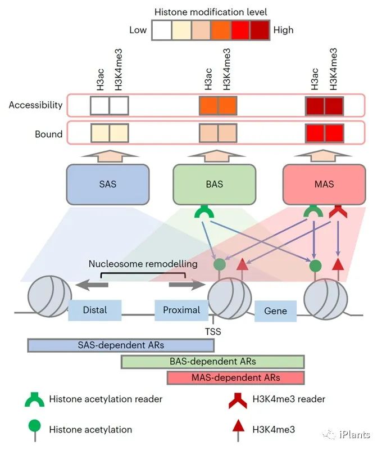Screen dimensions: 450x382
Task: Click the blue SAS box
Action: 107,184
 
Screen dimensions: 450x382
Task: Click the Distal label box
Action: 94,310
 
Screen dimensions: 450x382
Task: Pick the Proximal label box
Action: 181,310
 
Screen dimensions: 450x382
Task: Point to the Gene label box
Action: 275,310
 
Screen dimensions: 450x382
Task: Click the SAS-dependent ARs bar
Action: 120,345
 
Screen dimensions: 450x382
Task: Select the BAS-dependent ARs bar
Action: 212,362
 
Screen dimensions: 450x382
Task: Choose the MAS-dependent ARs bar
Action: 235,377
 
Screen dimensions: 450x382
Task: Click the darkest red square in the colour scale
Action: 259,29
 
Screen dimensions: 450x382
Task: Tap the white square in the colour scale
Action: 161,29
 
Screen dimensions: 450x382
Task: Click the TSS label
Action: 213,332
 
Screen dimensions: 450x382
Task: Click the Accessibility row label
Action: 35,105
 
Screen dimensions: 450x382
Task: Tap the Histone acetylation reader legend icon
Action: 35,400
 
